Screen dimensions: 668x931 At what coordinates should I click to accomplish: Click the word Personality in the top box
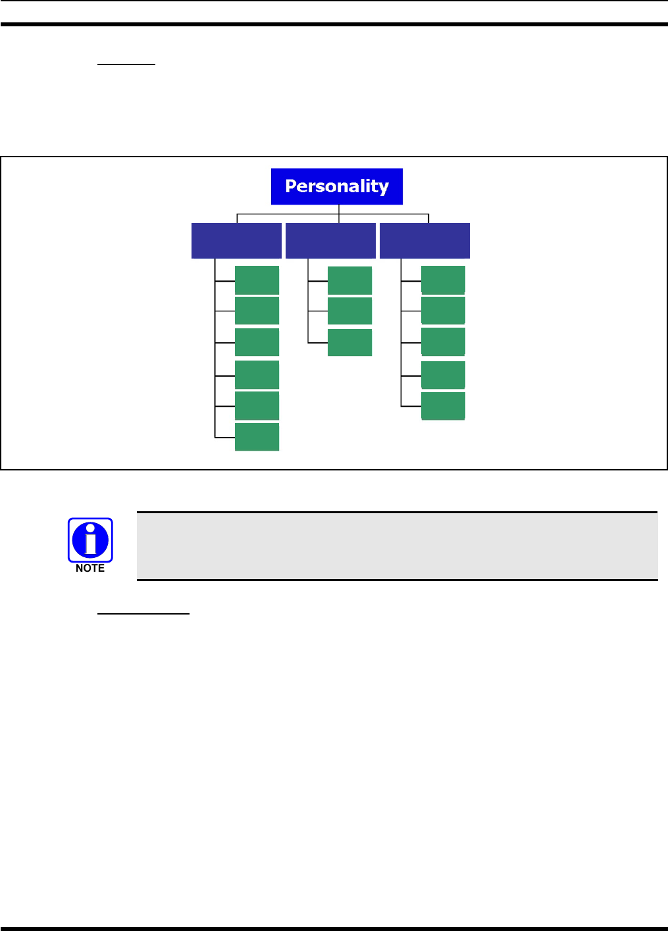(336, 186)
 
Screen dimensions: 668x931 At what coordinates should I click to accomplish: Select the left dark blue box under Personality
(236, 241)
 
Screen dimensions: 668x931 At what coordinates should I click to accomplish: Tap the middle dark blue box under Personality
(330, 241)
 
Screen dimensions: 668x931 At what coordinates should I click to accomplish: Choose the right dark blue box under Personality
(424, 241)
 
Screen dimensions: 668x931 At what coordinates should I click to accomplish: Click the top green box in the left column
(257, 280)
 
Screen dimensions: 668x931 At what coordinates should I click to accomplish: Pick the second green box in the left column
(257, 311)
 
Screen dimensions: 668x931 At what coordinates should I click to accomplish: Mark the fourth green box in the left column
(257, 374)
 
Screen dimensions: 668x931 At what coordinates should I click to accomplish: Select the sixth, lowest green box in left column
(257, 437)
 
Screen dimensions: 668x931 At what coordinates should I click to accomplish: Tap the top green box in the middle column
(349, 280)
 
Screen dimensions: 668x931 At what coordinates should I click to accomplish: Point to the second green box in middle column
(349, 311)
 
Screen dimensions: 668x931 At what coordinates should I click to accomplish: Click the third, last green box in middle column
(349, 342)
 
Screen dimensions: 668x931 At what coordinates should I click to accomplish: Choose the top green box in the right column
(443, 280)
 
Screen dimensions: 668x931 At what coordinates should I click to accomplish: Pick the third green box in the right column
(443, 341)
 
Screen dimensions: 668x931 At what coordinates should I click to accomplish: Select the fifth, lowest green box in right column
(443, 405)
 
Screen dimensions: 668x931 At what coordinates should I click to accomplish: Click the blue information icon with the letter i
(90, 540)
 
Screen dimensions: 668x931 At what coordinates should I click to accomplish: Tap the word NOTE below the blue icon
(90, 568)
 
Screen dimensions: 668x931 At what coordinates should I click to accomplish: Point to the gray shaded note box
(397, 546)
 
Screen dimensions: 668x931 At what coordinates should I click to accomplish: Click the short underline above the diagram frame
(126, 64)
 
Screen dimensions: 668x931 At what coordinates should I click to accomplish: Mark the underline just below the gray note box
(143, 614)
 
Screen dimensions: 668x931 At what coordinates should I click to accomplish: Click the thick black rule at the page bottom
(334, 928)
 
